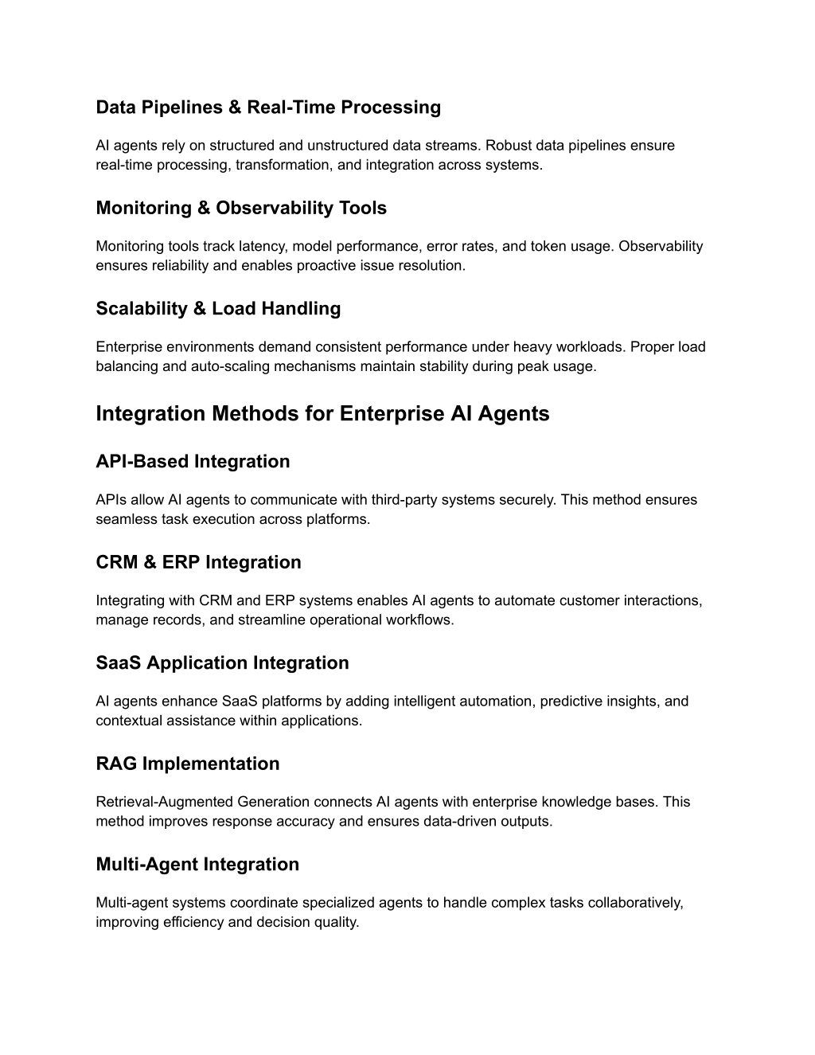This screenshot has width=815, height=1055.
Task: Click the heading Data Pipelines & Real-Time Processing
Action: (268, 107)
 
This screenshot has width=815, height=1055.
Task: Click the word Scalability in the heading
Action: (141, 309)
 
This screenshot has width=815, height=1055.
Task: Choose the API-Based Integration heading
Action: (193, 462)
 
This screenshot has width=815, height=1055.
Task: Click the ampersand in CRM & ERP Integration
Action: (150, 563)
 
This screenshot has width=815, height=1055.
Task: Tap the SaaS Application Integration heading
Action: (222, 663)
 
